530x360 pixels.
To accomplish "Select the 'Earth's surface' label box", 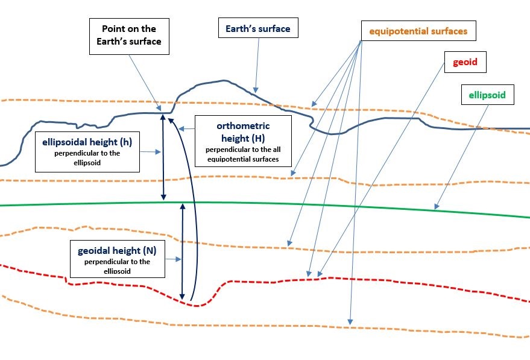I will click(257, 28).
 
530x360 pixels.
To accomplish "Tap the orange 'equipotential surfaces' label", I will click(419, 31).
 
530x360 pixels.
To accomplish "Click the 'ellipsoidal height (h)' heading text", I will click(87, 142).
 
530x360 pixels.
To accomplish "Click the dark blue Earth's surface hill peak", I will click(224, 81).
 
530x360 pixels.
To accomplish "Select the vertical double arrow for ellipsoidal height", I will click(162, 157).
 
